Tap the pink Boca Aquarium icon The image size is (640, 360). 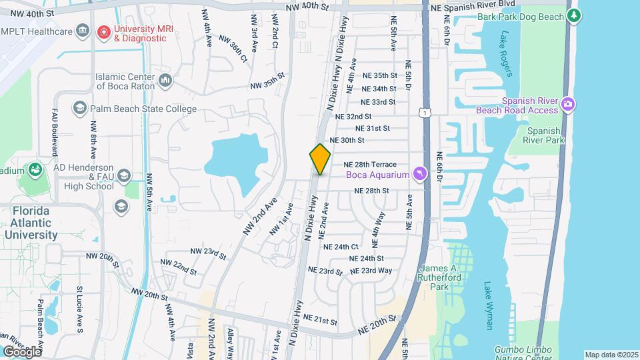[419, 175]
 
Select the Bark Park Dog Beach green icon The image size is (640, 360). [574, 15]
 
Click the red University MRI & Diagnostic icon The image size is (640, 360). [103, 31]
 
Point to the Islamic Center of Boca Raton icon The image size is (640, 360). [166, 81]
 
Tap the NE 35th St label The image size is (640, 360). [379, 76]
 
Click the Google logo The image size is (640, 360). [21, 351]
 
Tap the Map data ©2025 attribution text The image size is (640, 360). [611, 355]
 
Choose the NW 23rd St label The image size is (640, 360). [204, 253]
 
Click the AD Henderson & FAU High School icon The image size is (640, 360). [123, 175]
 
